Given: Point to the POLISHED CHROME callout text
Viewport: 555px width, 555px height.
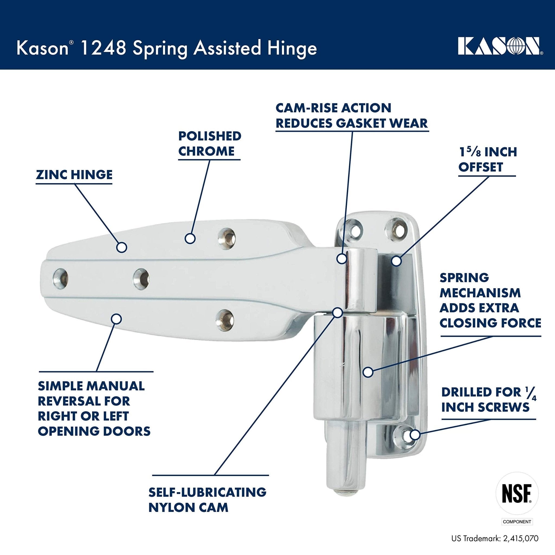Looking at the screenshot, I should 209,144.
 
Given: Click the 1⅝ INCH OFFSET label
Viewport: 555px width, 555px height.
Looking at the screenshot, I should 488,159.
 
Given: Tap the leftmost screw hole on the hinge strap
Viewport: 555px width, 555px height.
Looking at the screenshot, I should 61,278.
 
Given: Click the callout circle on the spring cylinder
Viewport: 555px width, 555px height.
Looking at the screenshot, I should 368,372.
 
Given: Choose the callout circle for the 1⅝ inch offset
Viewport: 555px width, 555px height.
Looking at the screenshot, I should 396,261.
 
